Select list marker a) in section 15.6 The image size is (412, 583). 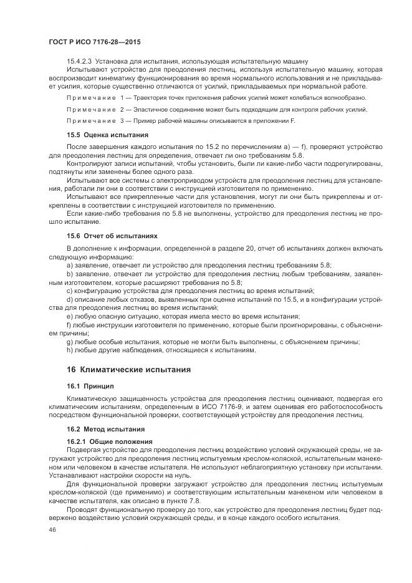pos(70,265)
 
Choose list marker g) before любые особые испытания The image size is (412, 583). pos(70,342)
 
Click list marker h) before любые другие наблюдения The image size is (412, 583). pos(70,350)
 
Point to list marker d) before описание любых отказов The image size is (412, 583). pos(70,299)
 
